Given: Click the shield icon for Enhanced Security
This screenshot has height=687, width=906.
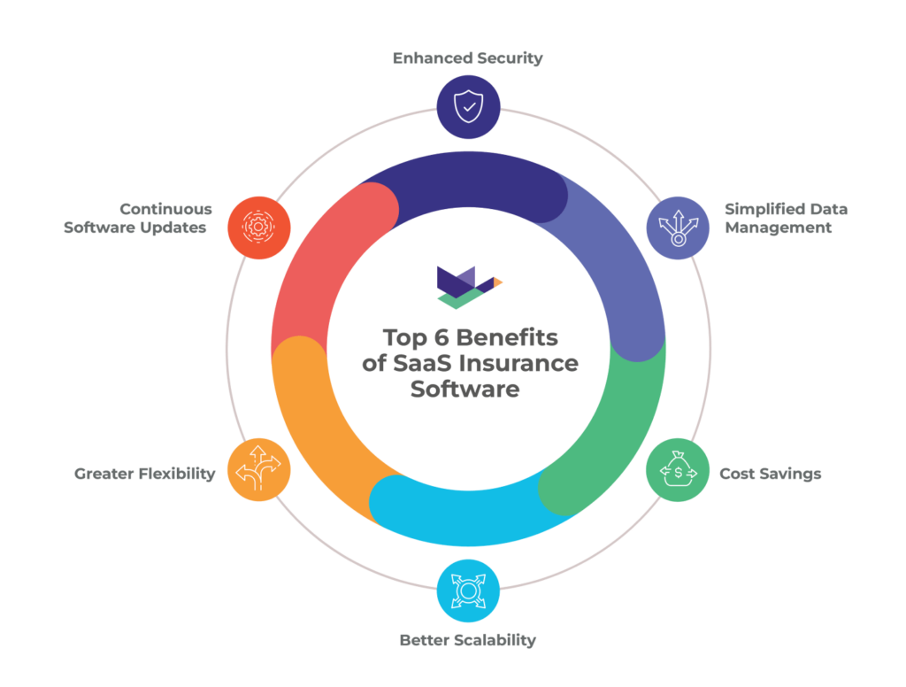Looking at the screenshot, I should [468, 107].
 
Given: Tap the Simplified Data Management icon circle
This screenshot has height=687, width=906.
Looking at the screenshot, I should [677, 228].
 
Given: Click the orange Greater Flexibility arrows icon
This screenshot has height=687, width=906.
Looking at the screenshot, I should [258, 471].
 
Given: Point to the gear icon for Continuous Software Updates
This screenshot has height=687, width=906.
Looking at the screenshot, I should [258, 228].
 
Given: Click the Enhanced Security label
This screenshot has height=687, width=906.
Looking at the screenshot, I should [468, 58].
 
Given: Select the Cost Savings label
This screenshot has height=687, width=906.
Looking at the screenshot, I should [770, 474].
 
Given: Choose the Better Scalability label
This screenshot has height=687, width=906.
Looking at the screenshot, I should [468, 639].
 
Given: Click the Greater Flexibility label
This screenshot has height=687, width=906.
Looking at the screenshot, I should [145, 474].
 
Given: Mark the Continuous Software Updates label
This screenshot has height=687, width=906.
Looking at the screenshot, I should [138, 218].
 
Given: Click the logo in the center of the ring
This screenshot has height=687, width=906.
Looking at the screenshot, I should [469, 285].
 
